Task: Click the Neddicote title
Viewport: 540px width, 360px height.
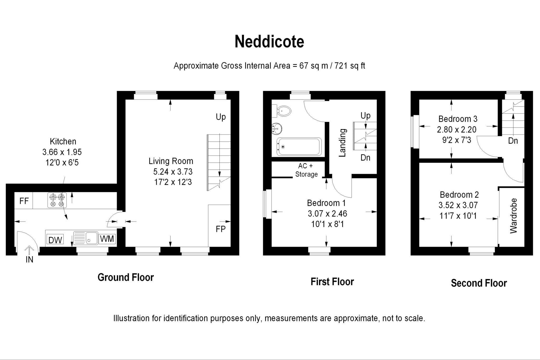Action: pos(269,42)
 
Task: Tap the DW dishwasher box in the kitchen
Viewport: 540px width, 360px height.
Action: pos(55,239)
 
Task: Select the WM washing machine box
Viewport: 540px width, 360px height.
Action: pos(107,239)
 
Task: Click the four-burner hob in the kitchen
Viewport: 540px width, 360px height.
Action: pos(57,200)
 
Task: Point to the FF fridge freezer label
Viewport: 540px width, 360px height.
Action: pos(24,201)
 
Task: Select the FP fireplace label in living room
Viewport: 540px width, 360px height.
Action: pos(220,229)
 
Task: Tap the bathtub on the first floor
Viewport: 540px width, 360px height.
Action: pos(299,147)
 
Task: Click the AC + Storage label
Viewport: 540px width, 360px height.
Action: pos(306,170)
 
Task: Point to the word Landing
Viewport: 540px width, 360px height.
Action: pos(342,143)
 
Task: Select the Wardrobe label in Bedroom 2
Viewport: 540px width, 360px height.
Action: pos(513,216)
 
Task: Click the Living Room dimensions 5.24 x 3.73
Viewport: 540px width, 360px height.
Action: pos(173,172)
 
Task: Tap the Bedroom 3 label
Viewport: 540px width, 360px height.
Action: pos(458,119)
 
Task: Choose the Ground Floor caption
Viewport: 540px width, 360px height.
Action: pos(126,277)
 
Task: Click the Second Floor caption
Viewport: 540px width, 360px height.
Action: pos(479,283)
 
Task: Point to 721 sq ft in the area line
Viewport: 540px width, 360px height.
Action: pos(350,66)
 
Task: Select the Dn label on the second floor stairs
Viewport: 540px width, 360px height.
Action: pos(513,141)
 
